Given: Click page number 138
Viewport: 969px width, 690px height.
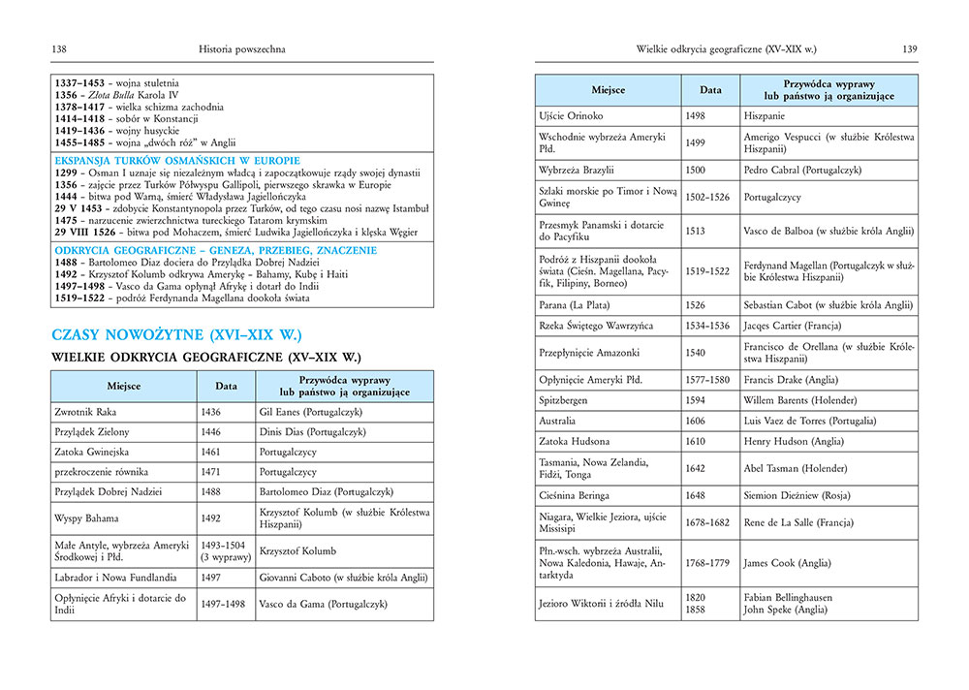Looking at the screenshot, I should [59, 48].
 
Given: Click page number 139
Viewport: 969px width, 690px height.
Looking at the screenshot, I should [909, 48].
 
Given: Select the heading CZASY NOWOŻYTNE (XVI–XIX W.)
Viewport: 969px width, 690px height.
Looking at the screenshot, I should [176, 335].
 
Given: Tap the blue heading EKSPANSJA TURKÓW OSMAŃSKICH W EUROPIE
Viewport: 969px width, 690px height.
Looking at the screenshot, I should [177, 160].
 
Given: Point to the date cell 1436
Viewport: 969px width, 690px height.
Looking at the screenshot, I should [212, 412].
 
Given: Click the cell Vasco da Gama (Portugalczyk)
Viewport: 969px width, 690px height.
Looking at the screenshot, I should [324, 604].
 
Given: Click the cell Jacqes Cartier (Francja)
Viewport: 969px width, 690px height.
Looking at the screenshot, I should [793, 326].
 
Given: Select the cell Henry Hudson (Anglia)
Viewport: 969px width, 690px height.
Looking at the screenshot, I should [789, 442].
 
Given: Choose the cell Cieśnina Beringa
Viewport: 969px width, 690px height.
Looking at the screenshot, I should [580, 495].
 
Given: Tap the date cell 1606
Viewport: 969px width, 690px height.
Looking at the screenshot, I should [697, 421].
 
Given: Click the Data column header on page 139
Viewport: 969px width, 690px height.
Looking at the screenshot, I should [710, 89].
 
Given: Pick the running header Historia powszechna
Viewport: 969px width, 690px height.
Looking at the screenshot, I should [241, 48].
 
